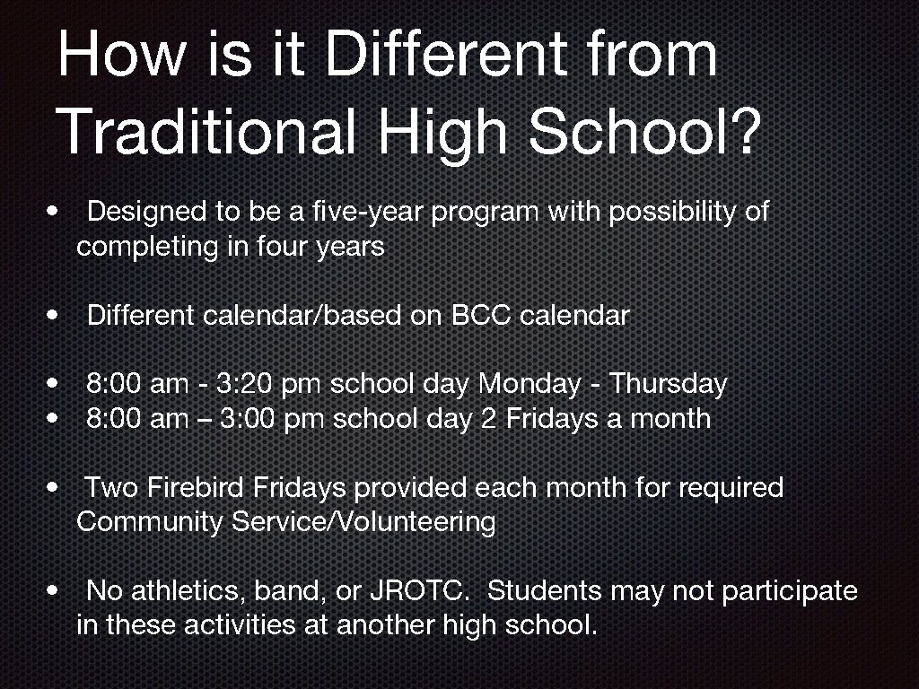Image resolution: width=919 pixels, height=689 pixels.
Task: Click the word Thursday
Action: [x=668, y=385]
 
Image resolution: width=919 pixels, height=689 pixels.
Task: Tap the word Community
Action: [x=151, y=522]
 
